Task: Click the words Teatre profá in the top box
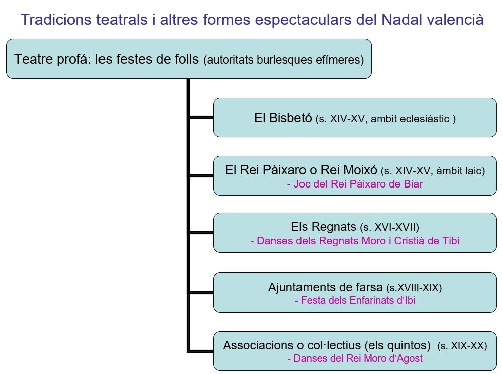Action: click(x=53, y=59)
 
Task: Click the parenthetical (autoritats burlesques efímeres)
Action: click(x=283, y=60)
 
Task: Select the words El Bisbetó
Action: click(x=283, y=118)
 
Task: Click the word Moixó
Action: click(x=360, y=170)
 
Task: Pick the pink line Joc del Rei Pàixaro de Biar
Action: click(x=355, y=184)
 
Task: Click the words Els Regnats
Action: click(x=323, y=227)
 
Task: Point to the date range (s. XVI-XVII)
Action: click(x=389, y=227)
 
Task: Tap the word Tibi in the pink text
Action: click(x=451, y=240)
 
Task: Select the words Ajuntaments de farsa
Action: click(x=325, y=287)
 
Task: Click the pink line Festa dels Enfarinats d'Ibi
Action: click(x=355, y=300)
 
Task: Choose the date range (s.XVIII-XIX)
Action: click(x=414, y=288)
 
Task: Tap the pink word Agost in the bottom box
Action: click(x=410, y=358)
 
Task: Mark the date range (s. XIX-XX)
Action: click(x=462, y=346)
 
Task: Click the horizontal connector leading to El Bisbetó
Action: click(x=202, y=117)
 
